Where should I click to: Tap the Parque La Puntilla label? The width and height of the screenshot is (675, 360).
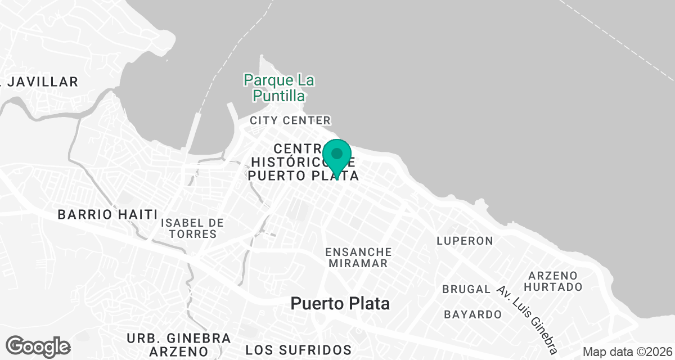tap(278, 88)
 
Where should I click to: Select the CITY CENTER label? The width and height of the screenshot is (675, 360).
tap(290, 120)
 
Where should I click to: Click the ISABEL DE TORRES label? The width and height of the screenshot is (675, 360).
tap(192, 228)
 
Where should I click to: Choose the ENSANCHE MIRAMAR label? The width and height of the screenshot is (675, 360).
tap(358, 257)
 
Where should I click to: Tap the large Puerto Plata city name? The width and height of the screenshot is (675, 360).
tap(340, 304)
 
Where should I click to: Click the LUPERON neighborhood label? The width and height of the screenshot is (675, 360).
tap(465, 241)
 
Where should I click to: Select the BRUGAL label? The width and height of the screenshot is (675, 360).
tap(466, 289)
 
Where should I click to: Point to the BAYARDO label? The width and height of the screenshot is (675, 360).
tap(472, 314)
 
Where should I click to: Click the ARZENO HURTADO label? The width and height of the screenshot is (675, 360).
tap(555, 281)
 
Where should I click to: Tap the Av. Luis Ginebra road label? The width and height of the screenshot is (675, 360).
tap(528, 316)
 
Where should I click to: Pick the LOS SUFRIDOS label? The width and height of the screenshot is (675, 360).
tap(298, 350)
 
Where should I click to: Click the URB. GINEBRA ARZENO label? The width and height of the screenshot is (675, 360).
tap(179, 345)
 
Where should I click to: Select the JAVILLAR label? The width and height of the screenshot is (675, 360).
tap(40, 82)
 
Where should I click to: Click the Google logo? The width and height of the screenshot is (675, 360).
tap(38, 346)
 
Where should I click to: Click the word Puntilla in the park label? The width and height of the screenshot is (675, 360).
tap(278, 96)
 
